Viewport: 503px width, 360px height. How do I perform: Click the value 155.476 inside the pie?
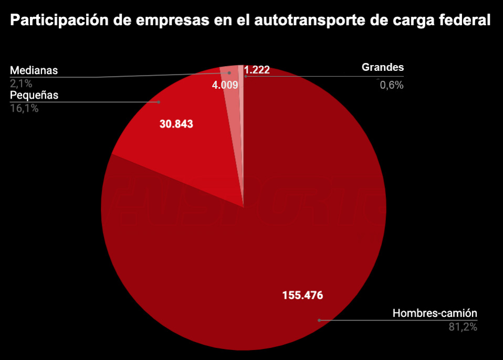[x=302, y=295]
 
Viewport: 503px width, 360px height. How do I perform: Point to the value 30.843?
[x=176, y=124]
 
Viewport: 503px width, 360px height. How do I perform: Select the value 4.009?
[x=225, y=84]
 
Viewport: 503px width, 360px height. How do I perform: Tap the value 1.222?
[x=257, y=70]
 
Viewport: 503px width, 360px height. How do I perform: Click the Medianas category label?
[x=34, y=70]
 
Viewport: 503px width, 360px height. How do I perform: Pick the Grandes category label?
[x=383, y=67]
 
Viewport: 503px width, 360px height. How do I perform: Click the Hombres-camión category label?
[x=435, y=314]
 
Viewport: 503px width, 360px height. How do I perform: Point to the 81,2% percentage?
[x=462, y=327]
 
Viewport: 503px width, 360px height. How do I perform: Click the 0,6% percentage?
[x=391, y=85]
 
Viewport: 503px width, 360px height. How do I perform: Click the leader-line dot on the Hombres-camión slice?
[x=319, y=320]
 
